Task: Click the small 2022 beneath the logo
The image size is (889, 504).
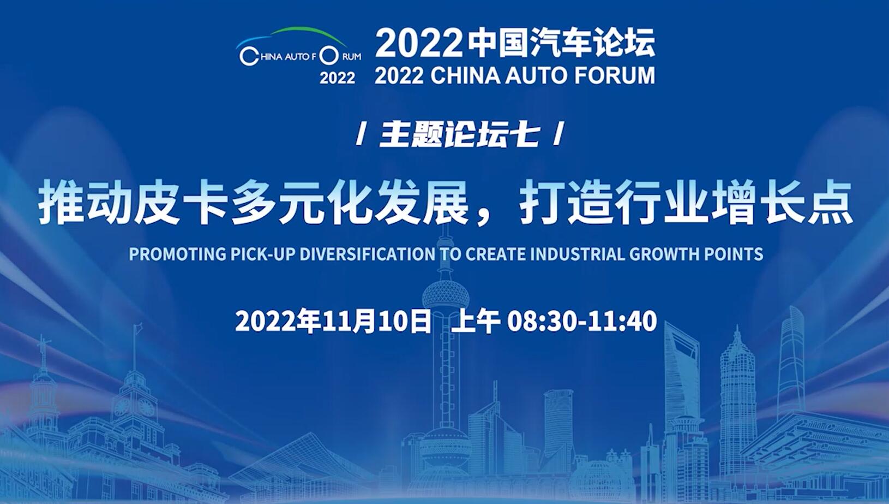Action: tap(338, 78)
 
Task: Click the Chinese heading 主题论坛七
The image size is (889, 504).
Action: tap(459, 135)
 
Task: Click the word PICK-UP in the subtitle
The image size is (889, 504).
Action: tap(263, 254)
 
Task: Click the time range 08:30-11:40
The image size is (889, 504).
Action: tap(582, 321)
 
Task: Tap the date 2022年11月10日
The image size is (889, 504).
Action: tap(333, 321)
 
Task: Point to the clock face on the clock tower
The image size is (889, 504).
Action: tap(146, 407)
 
